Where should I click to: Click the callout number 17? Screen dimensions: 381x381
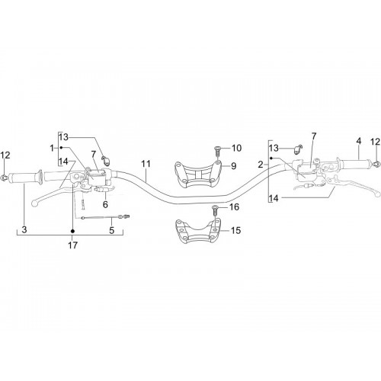[72, 245]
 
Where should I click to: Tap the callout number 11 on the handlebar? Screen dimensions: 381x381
[146, 164]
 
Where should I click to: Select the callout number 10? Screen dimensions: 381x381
[236, 148]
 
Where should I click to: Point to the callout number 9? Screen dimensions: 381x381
[234, 166]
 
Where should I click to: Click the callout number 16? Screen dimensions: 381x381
[234, 207]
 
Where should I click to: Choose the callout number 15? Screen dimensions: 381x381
[235, 230]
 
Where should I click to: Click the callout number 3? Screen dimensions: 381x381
[24, 230]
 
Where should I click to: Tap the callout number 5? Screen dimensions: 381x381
[112, 230]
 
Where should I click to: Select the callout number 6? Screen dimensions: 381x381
[105, 204]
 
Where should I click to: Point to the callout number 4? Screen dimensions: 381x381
[359, 141]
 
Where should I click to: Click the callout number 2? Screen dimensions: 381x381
[261, 165]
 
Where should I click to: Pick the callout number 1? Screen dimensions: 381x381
[52, 148]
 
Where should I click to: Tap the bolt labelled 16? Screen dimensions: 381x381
[215, 210]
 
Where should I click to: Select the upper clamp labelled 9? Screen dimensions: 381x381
[197, 174]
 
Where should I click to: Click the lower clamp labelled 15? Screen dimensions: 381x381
[197, 232]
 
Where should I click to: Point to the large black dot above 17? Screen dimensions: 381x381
[72, 231]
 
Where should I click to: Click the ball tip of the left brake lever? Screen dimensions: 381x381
[34, 203]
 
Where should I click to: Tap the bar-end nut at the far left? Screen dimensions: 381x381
[4, 178]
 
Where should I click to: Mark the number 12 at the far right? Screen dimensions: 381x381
[375, 142]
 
